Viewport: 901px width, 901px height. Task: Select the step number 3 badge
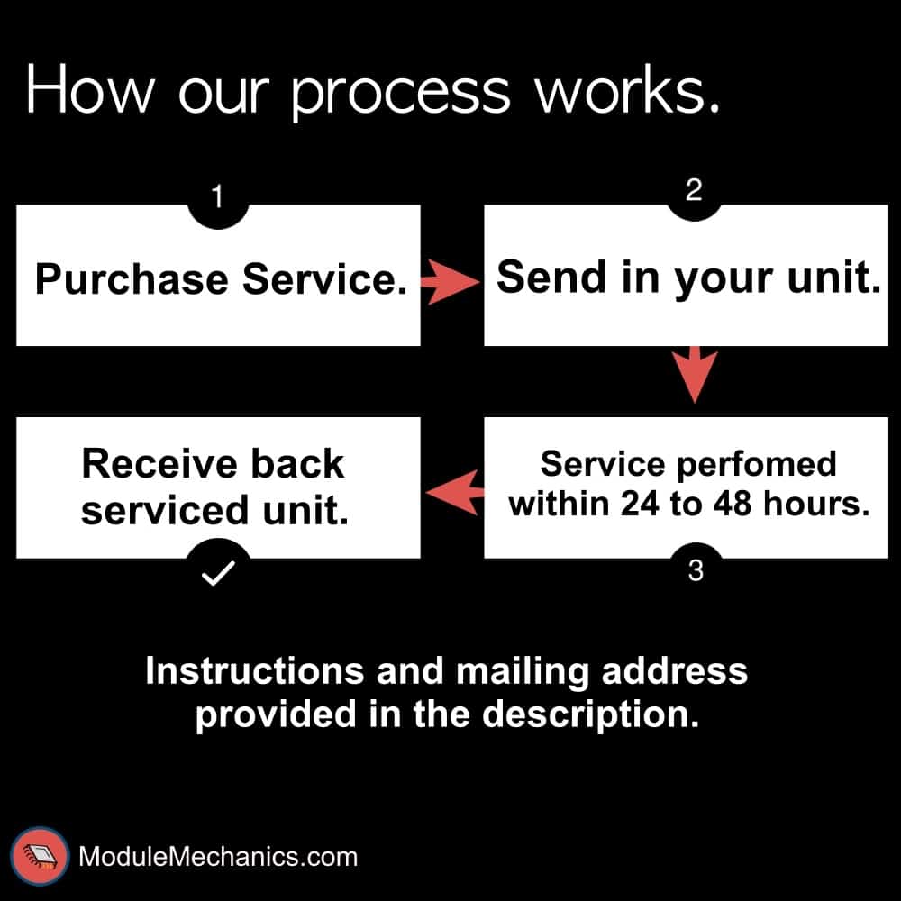point(695,570)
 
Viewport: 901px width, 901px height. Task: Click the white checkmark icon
point(217,573)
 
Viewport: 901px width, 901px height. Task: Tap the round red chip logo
point(40,854)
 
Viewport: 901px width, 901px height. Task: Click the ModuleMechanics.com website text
point(218,855)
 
